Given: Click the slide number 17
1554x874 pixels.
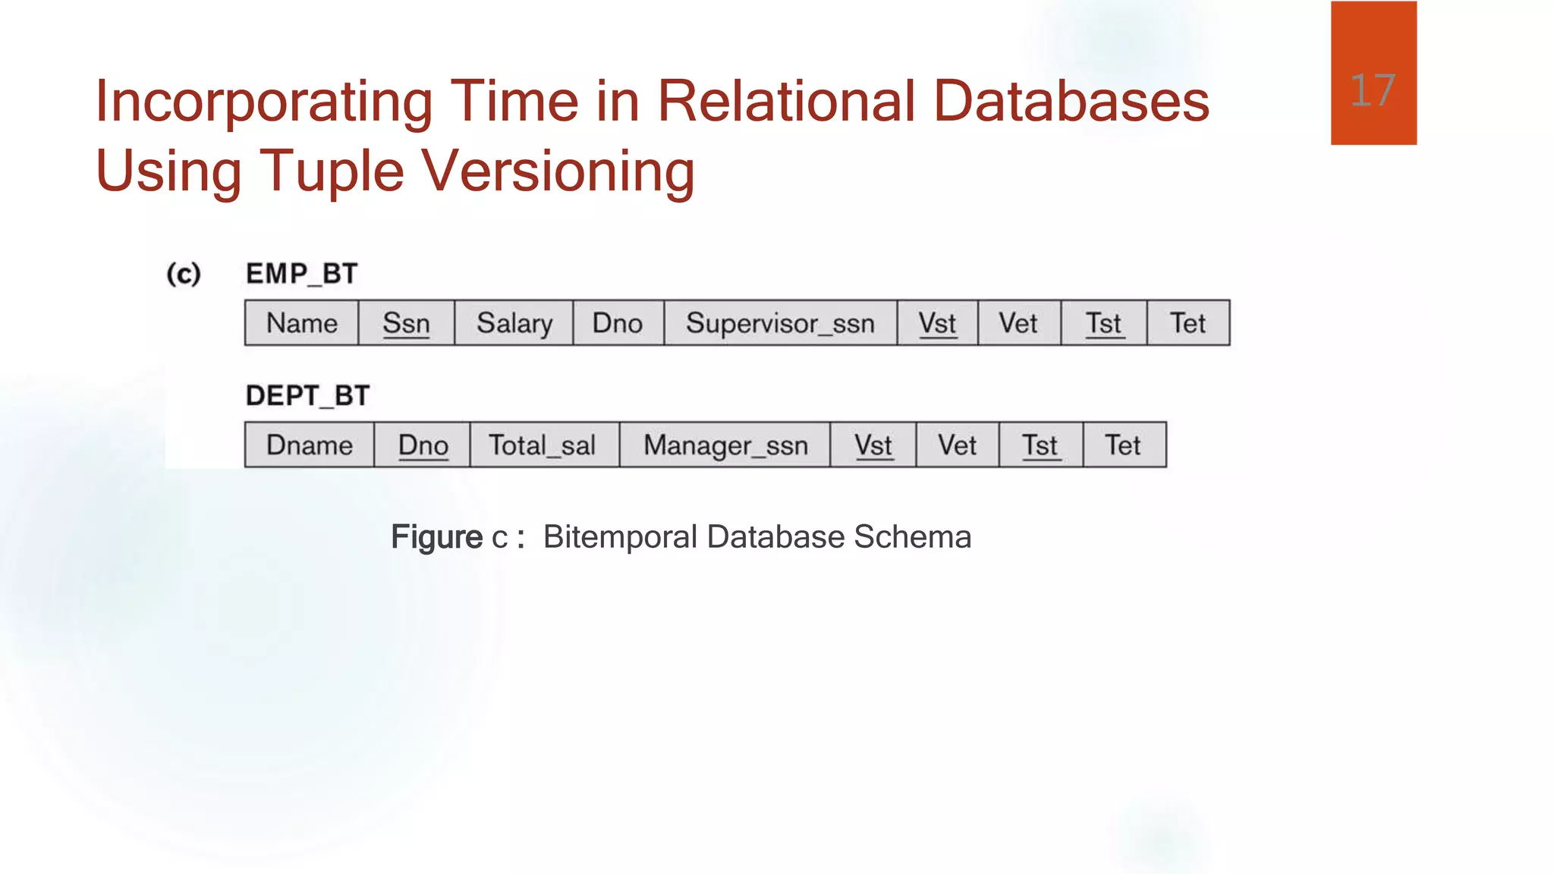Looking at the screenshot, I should (x=1373, y=91).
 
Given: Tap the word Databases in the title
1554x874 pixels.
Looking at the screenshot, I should (x=1071, y=101).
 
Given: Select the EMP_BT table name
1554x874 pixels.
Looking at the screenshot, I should (x=301, y=274).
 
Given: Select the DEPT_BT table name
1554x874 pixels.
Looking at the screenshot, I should (x=307, y=396).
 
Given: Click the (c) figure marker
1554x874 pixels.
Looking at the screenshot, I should (x=184, y=274).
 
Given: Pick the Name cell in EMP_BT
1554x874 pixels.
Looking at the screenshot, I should (x=302, y=324).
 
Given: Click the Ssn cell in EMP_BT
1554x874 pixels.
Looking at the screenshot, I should (x=406, y=324).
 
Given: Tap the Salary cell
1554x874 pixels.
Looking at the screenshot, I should (x=514, y=324).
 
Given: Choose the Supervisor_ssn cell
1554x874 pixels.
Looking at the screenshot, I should (x=780, y=324).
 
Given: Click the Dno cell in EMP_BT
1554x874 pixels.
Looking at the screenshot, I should (x=618, y=324).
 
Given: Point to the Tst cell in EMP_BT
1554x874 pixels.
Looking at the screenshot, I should (x=1103, y=324).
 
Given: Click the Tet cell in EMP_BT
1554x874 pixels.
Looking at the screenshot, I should (x=1188, y=324).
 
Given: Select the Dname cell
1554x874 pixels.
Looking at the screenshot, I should (x=310, y=445).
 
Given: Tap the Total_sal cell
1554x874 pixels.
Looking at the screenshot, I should (x=543, y=445).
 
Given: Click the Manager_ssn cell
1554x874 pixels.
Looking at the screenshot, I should (x=725, y=445).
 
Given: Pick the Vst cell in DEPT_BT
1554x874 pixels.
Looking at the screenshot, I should (x=873, y=445).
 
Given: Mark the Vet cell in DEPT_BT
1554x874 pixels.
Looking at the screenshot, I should (x=957, y=445).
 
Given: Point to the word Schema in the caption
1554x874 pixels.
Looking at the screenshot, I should (x=912, y=537).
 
